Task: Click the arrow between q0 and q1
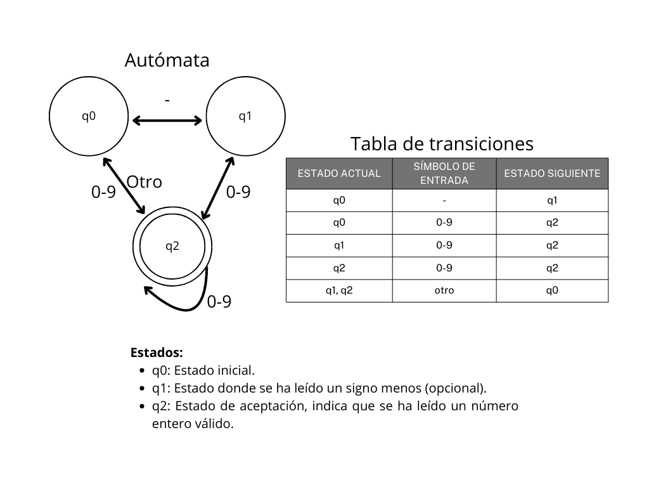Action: (x=167, y=120)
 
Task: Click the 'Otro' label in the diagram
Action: (x=144, y=182)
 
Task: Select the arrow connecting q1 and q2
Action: (x=218, y=188)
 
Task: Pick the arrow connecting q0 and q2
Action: (x=124, y=186)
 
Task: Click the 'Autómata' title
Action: (x=167, y=60)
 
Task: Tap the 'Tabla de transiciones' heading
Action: (x=442, y=144)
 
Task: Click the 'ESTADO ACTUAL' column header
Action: (x=339, y=173)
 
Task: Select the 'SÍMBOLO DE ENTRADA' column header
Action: (x=444, y=173)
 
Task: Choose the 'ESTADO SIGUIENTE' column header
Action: (x=552, y=173)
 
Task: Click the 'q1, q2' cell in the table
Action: (x=339, y=290)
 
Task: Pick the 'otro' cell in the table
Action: (x=444, y=290)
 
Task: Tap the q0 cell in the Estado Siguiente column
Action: (x=552, y=290)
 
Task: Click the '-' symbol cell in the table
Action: (x=444, y=200)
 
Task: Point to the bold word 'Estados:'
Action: (x=157, y=353)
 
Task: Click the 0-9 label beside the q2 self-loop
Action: (x=219, y=301)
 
